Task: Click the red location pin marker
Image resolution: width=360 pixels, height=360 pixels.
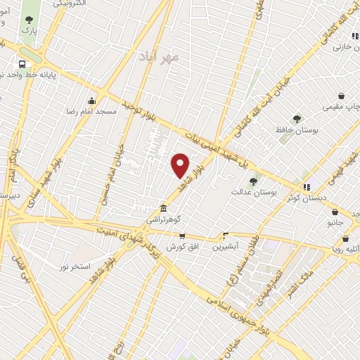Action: click(181, 165)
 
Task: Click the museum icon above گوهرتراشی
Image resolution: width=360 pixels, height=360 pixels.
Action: click(163, 209)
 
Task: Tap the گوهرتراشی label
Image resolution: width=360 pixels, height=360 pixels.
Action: click(162, 220)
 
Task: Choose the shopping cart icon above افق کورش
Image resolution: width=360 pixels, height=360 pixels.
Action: click(182, 236)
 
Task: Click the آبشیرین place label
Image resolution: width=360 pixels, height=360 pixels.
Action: click(226, 247)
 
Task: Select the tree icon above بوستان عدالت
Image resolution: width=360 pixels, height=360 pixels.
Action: click(254, 181)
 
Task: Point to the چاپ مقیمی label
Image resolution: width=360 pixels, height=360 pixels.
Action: click(340, 108)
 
